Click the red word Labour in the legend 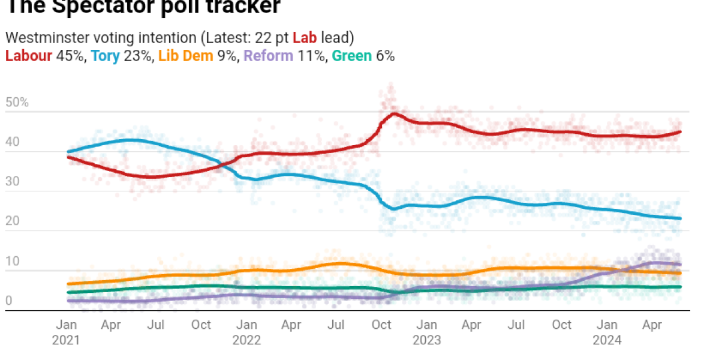pos(26,56)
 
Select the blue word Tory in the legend pos(105,56)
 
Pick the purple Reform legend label pos(268,56)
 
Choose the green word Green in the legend pos(352,56)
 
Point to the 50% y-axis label pos(17,103)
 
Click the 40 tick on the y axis pos(12,143)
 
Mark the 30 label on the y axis pos(12,182)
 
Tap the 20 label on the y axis pos(12,222)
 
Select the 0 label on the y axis pos(9,302)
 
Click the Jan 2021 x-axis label pos(67,332)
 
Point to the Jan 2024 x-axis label pos(607,332)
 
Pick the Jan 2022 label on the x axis pos(246,332)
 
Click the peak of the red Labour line pos(394,113)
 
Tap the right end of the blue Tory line pos(680,218)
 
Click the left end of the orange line pos(68,284)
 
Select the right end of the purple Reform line pos(680,264)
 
